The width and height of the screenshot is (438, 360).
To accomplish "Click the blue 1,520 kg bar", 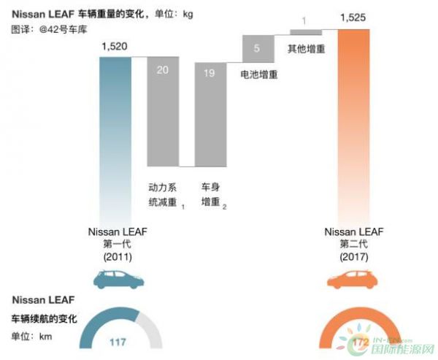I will point(115,131).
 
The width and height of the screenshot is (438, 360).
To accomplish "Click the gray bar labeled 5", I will point(258,48).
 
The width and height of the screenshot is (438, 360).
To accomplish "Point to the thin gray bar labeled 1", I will point(306,31).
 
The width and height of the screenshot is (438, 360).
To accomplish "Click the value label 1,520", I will point(115,47).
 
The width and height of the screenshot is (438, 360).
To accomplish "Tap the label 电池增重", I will point(258,74).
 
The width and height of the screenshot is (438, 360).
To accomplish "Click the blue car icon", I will point(115,280).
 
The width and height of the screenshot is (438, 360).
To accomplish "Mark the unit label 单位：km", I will point(31,336).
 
